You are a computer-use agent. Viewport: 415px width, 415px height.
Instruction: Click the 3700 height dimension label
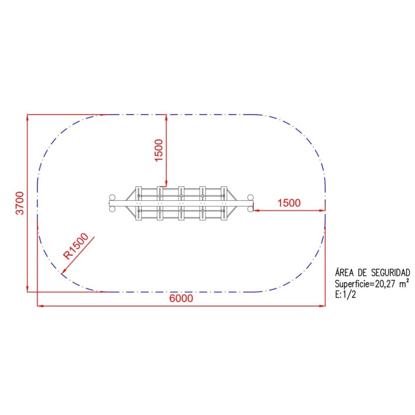click(x=20, y=203)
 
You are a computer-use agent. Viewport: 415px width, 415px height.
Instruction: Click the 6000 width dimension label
click(x=181, y=298)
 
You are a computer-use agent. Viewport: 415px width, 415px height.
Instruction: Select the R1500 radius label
click(x=76, y=246)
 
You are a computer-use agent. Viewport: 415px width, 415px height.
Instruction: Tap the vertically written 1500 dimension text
click(x=159, y=150)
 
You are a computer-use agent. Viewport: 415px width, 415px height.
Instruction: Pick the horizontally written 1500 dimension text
click(x=289, y=203)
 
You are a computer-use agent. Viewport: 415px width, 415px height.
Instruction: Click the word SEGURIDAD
click(x=391, y=273)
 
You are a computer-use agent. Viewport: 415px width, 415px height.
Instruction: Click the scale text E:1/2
click(x=345, y=295)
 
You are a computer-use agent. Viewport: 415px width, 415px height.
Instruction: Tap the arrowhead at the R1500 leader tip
click(x=63, y=272)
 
